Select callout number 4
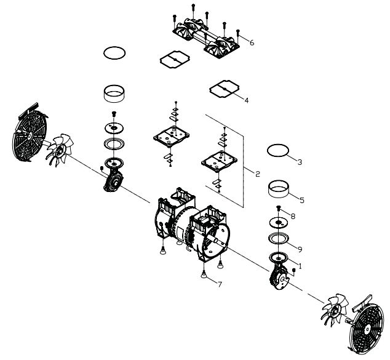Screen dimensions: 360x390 tap(247, 100)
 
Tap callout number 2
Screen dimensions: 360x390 tap(257, 174)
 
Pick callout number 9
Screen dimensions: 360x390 tap(300, 249)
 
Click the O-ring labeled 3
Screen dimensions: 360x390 tap(278, 150)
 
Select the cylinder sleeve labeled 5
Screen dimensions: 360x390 tap(279, 187)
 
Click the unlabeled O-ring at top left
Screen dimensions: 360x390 tap(115, 54)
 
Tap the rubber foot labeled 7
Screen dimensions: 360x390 tap(203, 274)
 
